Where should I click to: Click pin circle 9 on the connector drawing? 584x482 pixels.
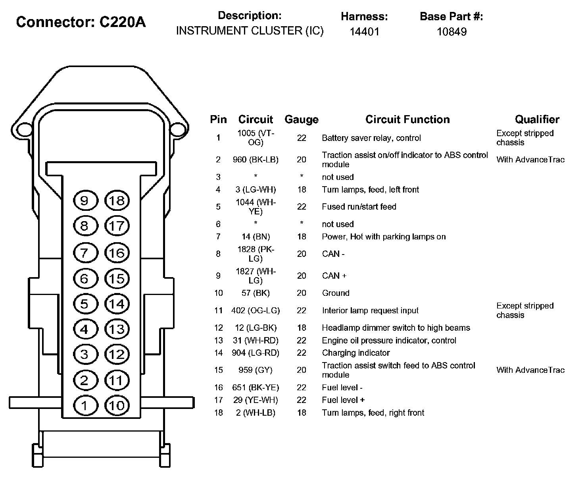86,201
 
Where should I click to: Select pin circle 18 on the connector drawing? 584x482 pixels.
117,201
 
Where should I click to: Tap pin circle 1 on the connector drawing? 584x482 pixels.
86,405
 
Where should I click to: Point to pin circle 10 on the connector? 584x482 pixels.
117,405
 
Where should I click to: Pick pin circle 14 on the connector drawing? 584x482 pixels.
117,304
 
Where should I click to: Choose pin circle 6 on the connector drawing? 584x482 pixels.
86,278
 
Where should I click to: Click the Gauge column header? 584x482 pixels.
302,120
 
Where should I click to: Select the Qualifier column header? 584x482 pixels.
537,119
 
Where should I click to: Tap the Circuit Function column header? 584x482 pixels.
407,119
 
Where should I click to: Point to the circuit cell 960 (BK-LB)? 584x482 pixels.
255,160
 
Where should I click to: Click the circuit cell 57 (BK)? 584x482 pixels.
255,293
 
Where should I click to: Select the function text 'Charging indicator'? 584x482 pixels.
356,353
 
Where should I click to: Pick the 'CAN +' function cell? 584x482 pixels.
334,276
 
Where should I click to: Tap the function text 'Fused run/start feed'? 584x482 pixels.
359,206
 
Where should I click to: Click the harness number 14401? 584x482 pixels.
365,32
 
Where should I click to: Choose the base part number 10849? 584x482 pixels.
452,32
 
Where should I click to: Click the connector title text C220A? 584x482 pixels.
123,22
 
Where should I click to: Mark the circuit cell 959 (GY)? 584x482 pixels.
255,370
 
